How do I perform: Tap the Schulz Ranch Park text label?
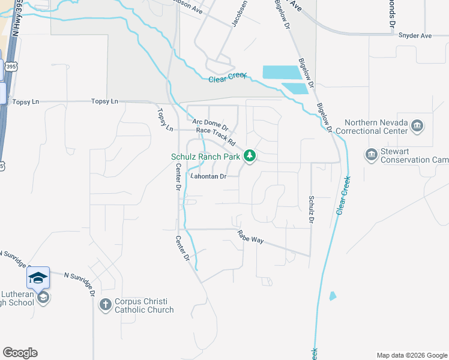click(205, 157)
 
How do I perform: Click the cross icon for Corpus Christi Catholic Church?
click(105, 305)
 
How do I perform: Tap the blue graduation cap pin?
click(38, 277)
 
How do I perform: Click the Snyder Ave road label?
click(415, 36)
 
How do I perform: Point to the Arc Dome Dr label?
click(211, 125)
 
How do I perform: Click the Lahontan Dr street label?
click(208, 176)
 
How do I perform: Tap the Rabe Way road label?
click(250, 236)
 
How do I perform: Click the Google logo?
click(20, 353)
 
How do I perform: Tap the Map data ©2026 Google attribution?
click(411, 355)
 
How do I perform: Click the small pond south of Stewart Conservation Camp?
click(333, 296)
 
